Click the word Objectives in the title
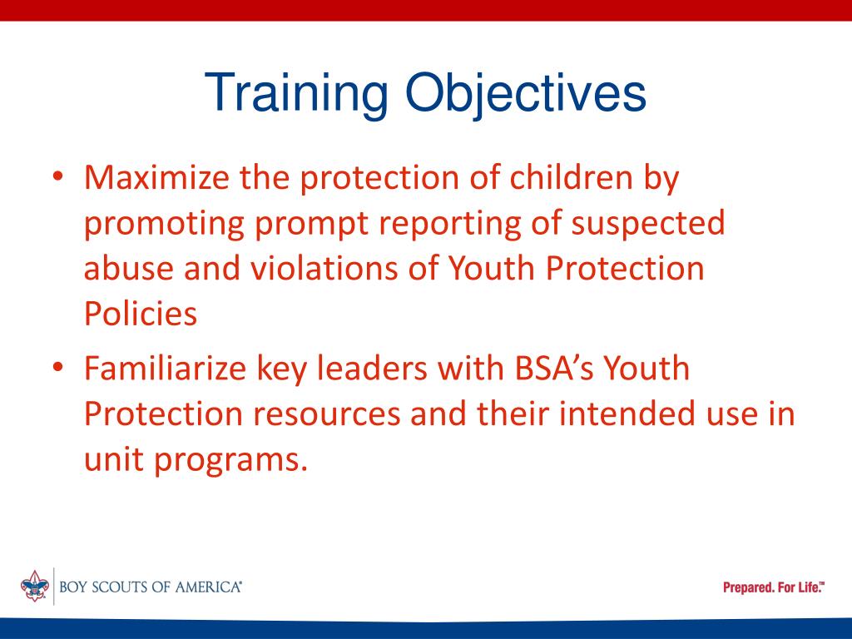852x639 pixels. (x=527, y=95)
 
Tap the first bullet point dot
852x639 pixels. (x=57, y=178)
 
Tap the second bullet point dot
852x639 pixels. (x=57, y=369)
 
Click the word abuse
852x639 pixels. (x=131, y=269)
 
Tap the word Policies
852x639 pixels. (x=141, y=314)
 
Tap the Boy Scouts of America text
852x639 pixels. (x=151, y=587)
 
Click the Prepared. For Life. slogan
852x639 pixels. (x=773, y=587)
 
